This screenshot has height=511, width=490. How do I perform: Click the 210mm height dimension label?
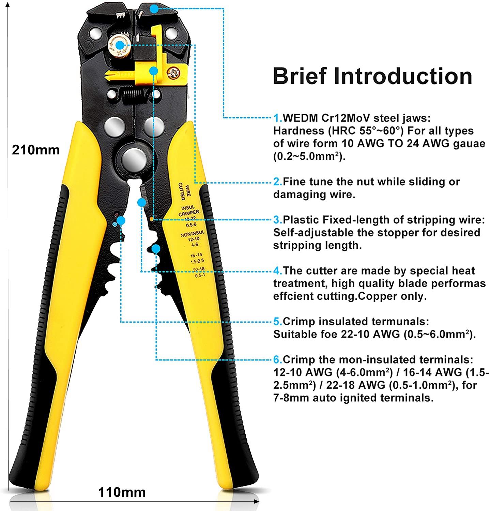coord(36,150)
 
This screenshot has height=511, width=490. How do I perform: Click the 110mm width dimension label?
coord(122,492)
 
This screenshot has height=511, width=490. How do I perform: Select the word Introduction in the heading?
coord(403,76)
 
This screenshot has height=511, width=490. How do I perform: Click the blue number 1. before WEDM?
coord(278,118)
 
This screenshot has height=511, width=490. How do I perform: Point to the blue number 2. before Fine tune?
coord(278,182)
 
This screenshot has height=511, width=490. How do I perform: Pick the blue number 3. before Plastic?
coord(278,220)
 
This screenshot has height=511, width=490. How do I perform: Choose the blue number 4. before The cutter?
coord(278,271)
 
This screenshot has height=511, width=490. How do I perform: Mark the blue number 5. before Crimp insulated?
coord(278,322)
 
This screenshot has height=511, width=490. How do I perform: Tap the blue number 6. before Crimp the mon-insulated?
coord(278,360)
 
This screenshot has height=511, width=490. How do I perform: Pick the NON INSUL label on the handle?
coord(193,235)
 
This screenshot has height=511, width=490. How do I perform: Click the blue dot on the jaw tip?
coord(154,9)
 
